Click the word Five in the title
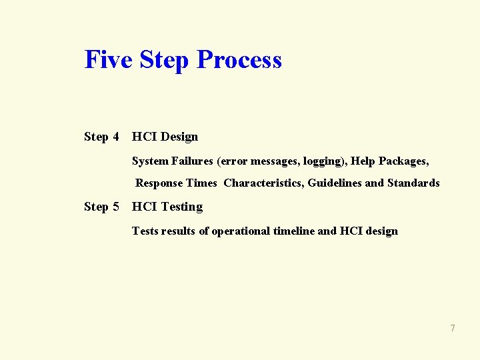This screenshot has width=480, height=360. point(107,59)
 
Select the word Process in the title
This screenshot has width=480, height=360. point(240,59)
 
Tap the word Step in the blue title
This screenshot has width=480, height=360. point(164,61)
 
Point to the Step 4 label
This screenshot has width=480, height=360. point(101,137)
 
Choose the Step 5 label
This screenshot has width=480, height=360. point(101,207)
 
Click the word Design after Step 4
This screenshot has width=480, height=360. point(179,137)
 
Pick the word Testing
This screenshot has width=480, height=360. point(181,207)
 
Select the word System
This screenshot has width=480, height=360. point(150,161)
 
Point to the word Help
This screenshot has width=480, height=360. point(363,161)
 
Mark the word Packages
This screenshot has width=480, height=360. point(403,161)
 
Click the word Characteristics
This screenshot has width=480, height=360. point(263,183)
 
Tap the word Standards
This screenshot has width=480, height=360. point(413,183)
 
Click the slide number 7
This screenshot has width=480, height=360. point(453,328)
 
